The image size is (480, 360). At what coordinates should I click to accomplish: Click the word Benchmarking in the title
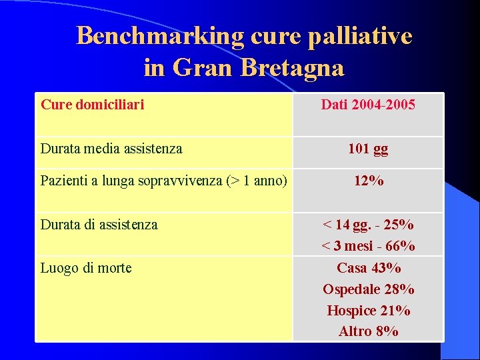(160, 36)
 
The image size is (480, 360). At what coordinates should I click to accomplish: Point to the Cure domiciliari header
(93, 104)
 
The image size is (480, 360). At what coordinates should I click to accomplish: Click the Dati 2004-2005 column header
(368, 104)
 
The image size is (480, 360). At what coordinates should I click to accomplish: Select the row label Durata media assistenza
(111, 149)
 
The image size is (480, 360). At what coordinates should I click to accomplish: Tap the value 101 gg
(368, 149)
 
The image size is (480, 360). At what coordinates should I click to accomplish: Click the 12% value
(368, 181)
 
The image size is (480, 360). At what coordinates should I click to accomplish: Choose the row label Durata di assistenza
(99, 225)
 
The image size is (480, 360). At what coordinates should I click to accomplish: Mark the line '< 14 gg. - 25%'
(368, 225)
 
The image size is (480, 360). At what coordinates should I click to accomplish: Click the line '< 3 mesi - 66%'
(368, 246)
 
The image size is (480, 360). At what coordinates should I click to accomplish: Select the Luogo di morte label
(86, 268)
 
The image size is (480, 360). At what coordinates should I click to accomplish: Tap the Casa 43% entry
(368, 268)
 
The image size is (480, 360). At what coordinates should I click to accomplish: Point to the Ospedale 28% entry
(368, 289)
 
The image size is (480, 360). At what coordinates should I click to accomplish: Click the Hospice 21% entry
(368, 311)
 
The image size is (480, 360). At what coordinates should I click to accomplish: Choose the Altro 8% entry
(368, 331)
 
